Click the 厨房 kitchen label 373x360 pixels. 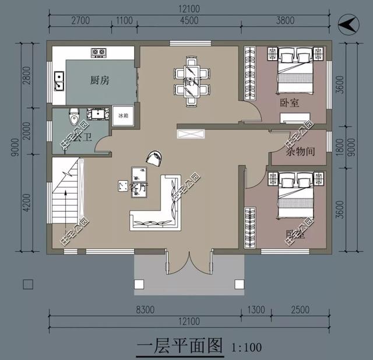tap(100, 80)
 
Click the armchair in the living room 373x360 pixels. tap(155, 157)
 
